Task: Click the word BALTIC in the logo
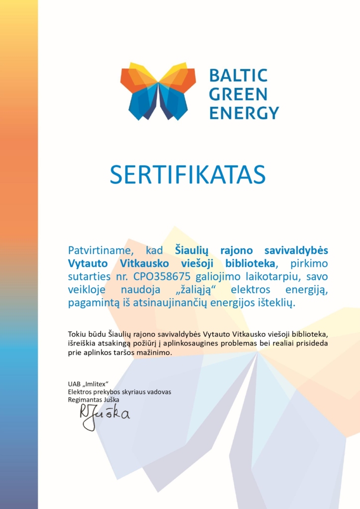click(x=238, y=76)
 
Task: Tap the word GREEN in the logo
click(x=238, y=94)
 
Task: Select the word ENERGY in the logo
click(x=244, y=112)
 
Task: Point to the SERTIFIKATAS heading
click(x=188, y=174)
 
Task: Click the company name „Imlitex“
click(x=96, y=384)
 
